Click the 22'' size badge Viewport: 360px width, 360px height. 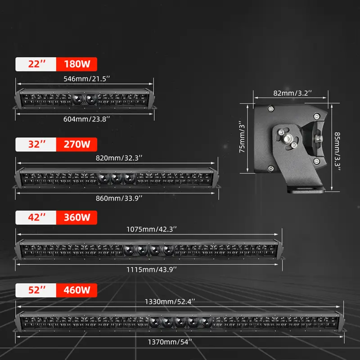pyautogui.click(x=36, y=64)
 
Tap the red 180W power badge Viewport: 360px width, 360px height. pyautogui.click(x=76, y=64)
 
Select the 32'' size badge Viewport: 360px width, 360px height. pyautogui.click(x=36, y=144)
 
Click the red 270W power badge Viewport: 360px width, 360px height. pyautogui.click(x=76, y=144)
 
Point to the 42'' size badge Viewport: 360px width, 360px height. pyautogui.click(x=36, y=217)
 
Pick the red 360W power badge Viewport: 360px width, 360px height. pyautogui.click(x=76, y=217)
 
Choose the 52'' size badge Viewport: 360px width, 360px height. pyautogui.click(x=36, y=290)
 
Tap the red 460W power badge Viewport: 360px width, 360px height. pyautogui.click(x=76, y=290)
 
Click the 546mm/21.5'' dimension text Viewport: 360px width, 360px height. pyautogui.click(x=87, y=79)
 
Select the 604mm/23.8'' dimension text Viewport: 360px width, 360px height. pyautogui.click(x=87, y=119)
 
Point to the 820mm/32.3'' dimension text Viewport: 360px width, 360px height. pyautogui.click(x=119, y=158)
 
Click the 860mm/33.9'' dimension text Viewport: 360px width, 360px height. pyautogui.click(x=119, y=198)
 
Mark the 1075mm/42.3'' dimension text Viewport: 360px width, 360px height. pyautogui.click(x=152, y=229)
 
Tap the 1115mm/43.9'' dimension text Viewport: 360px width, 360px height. pyautogui.click(x=152, y=269)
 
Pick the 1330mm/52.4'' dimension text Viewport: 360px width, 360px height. pyautogui.click(x=170, y=301)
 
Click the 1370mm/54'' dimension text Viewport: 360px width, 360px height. pyautogui.click(x=170, y=342)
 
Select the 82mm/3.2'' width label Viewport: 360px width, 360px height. pyautogui.click(x=292, y=93)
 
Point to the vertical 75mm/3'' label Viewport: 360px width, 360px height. pyautogui.click(x=242, y=137)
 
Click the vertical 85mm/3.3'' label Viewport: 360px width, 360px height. pyautogui.click(x=337, y=151)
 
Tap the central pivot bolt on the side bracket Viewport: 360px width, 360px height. pyautogui.click(x=287, y=139)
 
